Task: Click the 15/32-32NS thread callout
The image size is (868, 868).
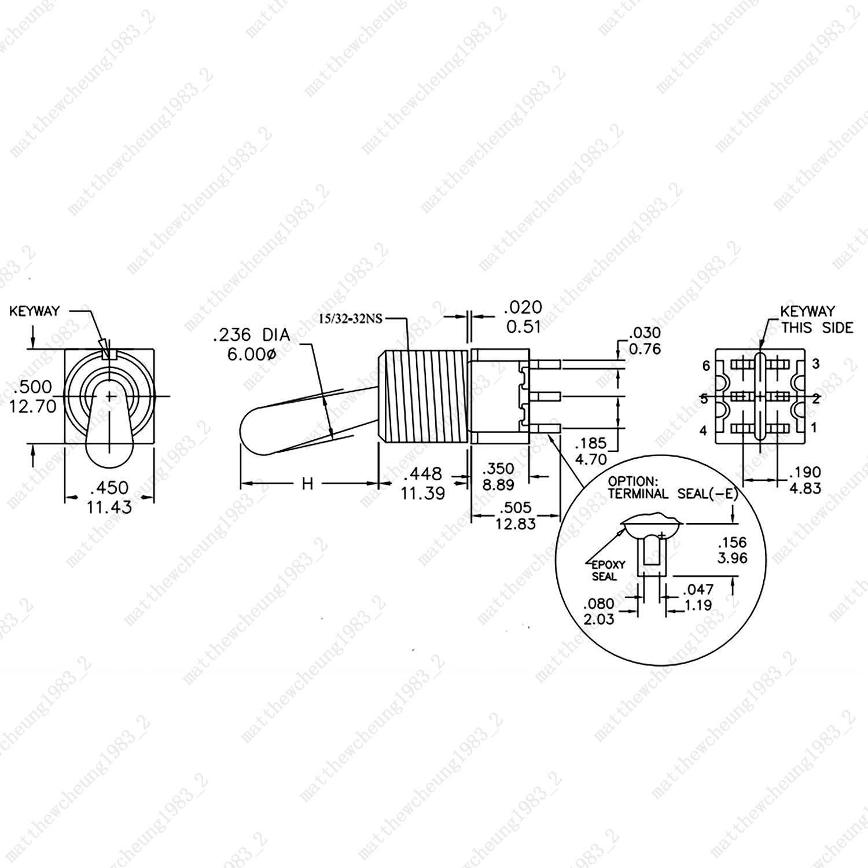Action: [x=351, y=319]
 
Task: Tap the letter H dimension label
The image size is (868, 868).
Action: [x=307, y=483]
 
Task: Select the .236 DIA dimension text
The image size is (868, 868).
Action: [x=251, y=335]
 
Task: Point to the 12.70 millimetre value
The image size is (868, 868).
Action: [x=33, y=406]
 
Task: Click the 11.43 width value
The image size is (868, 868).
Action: [x=109, y=507]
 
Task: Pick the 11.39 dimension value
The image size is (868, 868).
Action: [x=422, y=494]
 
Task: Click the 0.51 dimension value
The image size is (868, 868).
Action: [x=523, y=327]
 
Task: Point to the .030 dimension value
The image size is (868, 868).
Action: [x=645, y=333]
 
